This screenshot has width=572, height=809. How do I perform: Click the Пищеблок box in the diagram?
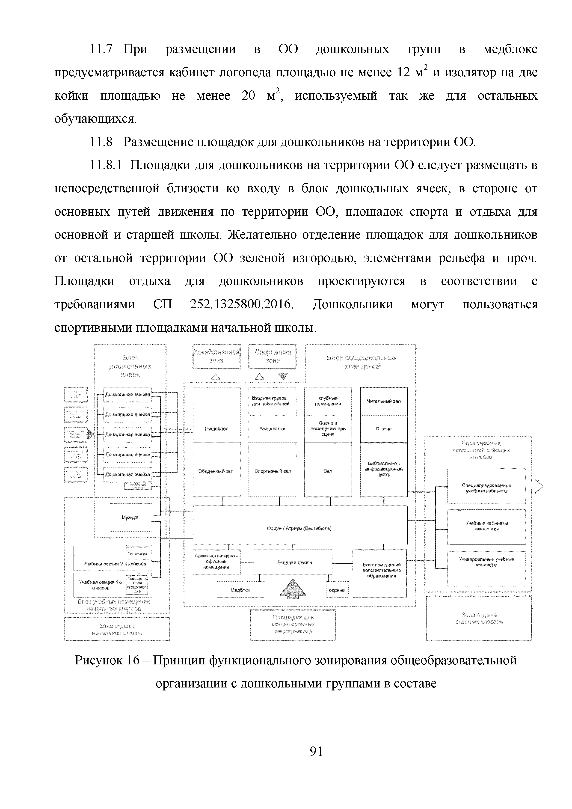[x=216, y=428]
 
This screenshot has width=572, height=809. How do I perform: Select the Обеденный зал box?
[x=216, y=471]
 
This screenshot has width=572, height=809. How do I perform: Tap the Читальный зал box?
[x=384, y=401]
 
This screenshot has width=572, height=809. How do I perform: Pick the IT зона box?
[x=384, y=429]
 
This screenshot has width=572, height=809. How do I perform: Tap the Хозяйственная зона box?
[x=216, y=357]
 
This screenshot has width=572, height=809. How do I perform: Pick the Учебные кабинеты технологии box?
[x=486, y=526]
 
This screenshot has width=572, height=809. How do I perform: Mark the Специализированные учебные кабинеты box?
[x=486, y=488]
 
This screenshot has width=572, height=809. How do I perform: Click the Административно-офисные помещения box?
[x=216, y=562]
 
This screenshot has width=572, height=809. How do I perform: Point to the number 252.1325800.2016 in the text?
[x=241, y=304]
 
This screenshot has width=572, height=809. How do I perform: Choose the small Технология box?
[x=138, y=553]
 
